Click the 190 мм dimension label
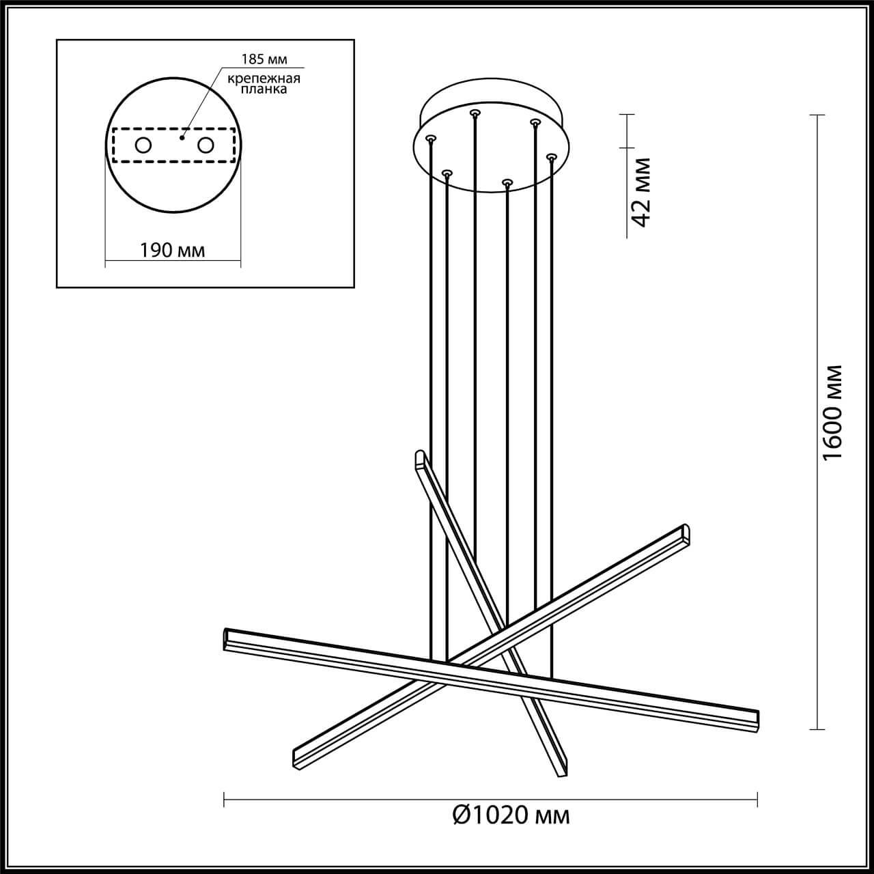[173, 250]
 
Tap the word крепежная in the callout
[264, 79]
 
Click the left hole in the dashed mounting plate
[143, 145]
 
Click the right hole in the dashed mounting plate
[206, 145]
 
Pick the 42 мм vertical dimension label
[641, 192]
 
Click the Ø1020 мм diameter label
[511, 814]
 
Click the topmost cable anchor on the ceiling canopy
[475, 112]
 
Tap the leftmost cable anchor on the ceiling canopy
[429, 138]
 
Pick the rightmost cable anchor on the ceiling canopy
[550, 157]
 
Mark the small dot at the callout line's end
[182, 137]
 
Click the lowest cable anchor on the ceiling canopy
[506, 182]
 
